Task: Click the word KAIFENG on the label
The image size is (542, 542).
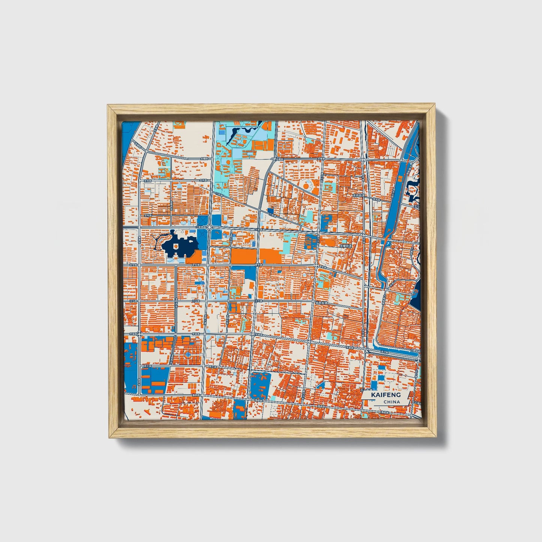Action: click(386, 395)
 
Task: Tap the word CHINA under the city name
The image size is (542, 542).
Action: click(392, 402)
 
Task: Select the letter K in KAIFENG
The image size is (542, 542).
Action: click(374, 395)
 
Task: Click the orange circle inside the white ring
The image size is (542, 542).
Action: click(306, 185)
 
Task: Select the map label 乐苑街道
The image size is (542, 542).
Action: click(359, 196)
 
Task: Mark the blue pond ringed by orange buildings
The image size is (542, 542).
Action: click(188, 354)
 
